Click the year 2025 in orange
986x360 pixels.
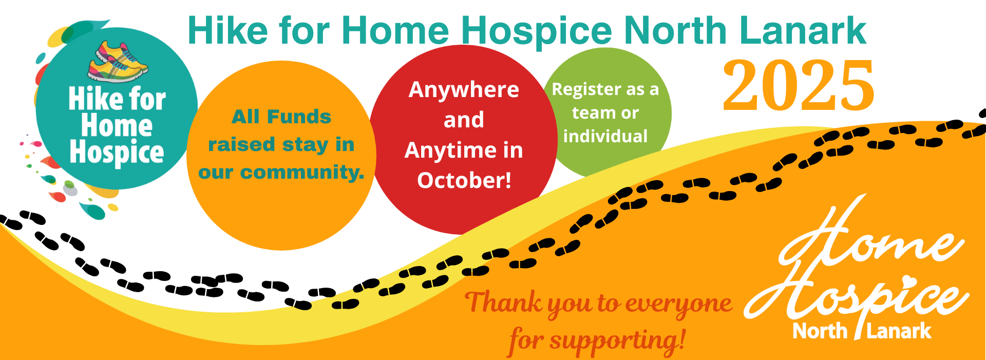[798, 86]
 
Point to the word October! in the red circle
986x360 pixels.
[464, 180]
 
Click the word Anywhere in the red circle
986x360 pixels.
[464, 90]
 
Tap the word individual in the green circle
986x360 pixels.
[605, 136]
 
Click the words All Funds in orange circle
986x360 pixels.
[281, 117]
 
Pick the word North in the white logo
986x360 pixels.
[820, 331]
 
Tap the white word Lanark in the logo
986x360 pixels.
[899, 331]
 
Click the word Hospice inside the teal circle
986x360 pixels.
[117, 153]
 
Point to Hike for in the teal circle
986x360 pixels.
[117, 99]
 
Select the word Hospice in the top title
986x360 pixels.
[537, 31]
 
